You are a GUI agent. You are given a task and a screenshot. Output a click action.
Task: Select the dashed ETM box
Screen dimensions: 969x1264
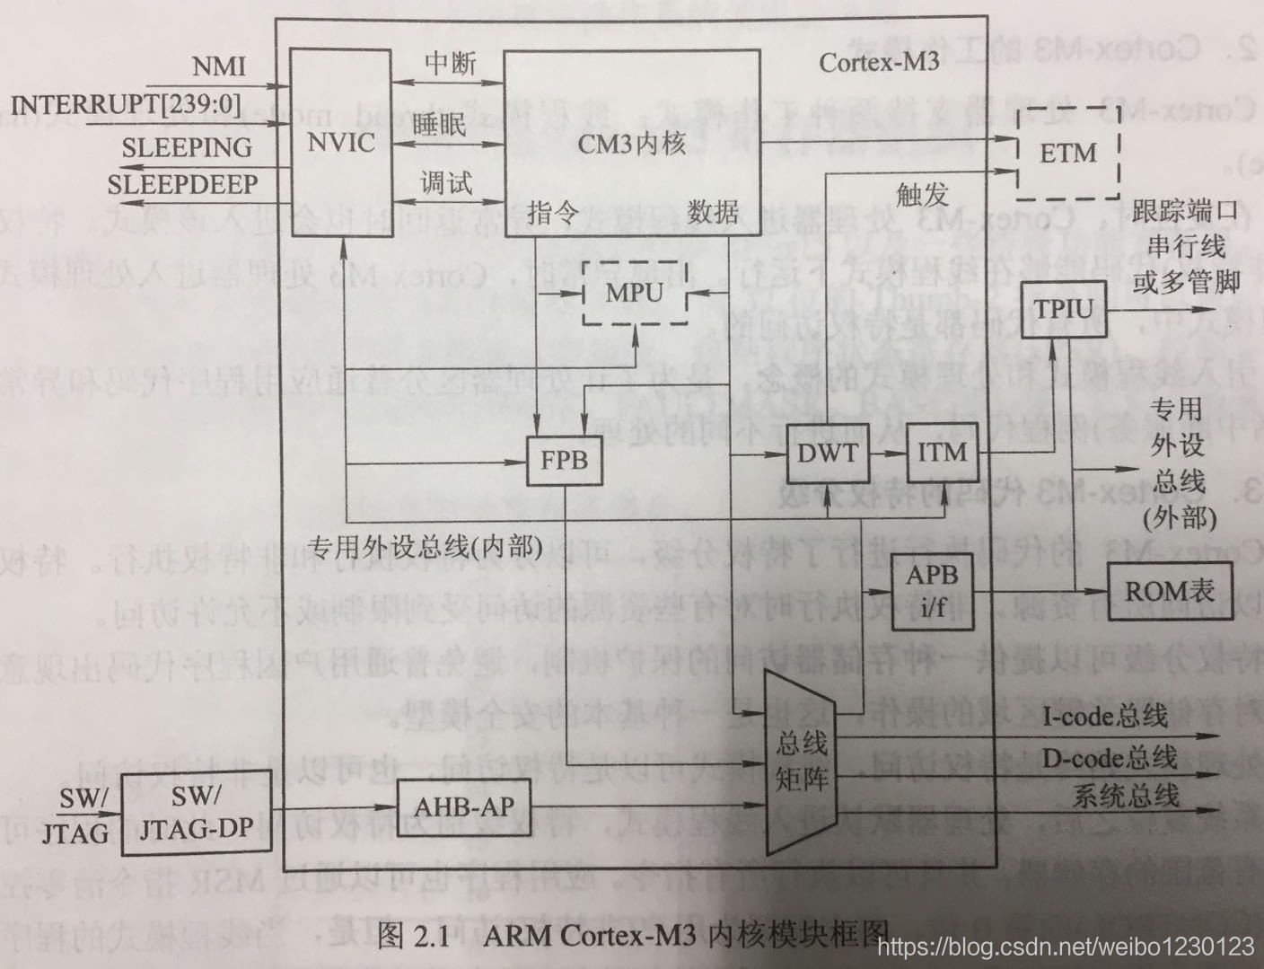click(x=1068, y=153)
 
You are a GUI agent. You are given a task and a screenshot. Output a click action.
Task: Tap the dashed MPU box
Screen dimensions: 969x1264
click(x=635, y=293)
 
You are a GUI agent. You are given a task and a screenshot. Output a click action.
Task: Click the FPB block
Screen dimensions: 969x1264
click(x=564, y=460)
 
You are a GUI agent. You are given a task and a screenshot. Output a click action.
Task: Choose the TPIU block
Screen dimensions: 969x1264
click(x=1063, y=310)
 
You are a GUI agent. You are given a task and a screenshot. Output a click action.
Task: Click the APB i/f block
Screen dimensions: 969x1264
click(x=932, y=589)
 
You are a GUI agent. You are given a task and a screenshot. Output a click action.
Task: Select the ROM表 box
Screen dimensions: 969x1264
click(x=1169, y=590)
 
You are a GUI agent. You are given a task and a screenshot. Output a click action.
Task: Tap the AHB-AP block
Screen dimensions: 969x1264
click(x=463, y=806)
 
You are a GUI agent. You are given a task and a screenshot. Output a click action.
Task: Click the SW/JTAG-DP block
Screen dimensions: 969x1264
click(x=195, y=812)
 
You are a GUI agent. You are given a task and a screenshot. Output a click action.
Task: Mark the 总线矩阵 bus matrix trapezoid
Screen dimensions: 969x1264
click(x=801, y=762)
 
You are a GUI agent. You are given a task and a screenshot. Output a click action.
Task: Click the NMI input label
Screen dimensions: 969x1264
click(x=219, y=66)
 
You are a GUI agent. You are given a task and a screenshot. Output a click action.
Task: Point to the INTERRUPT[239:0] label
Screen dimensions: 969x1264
click(x=127, y=105)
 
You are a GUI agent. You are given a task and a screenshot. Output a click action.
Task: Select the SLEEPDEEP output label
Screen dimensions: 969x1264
click(x=182, y=185)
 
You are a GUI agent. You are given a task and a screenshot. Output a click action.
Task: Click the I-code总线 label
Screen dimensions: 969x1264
click(x=1105, y=716)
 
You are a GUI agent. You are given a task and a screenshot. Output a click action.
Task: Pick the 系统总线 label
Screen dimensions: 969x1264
click(x=1125, y=796)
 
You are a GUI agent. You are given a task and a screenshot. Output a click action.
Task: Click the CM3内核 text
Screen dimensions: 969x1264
click(x=631, y=144)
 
